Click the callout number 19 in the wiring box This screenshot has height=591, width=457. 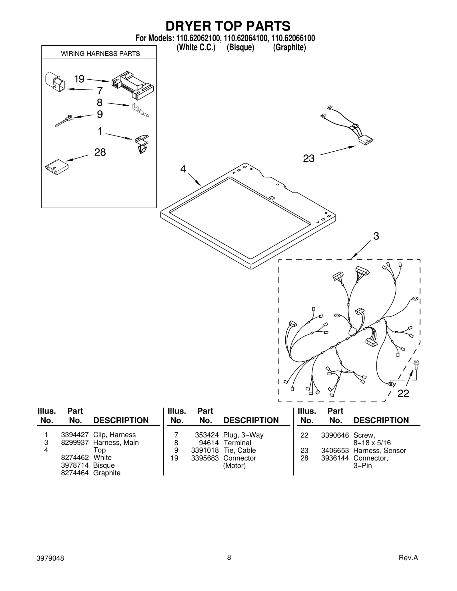(x=79, y=79)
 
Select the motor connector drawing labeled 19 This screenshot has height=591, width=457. (x=132, y=85)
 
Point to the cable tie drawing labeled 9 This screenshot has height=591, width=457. (x=64, y=120)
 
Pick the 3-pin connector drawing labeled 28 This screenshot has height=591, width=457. (x=57, y=167)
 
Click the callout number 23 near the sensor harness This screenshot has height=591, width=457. (x=308, y=158)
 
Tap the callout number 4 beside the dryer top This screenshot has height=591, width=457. (x=183, y=169)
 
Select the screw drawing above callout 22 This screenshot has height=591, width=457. (x=416, y=364)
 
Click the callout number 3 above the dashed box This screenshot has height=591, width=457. (x=376, y=236)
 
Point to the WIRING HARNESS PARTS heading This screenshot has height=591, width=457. (x=100, y=54)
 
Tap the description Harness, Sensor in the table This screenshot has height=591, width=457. (x=379, y=451)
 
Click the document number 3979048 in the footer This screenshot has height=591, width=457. (x=50, y=558)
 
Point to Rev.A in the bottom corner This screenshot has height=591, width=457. (x=408, y=558)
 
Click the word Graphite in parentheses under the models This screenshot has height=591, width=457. (x=289, y=47)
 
